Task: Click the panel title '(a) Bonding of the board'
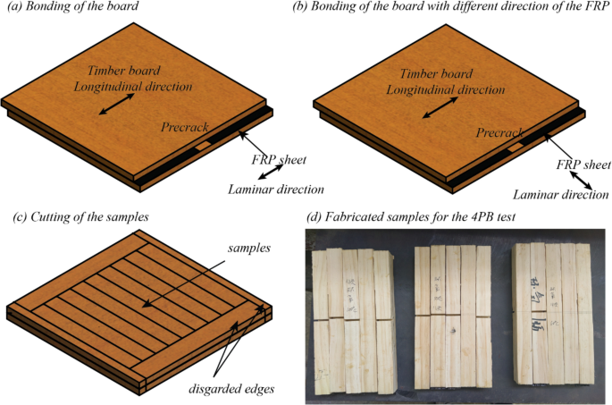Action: pos(75,8)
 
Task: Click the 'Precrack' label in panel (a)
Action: pos(185,128)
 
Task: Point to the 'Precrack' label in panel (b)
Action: pos(499,132)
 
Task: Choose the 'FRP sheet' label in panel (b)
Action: pos(581,165)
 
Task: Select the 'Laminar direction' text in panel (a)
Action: pos(275,189)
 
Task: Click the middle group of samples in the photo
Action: pos(452,316)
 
